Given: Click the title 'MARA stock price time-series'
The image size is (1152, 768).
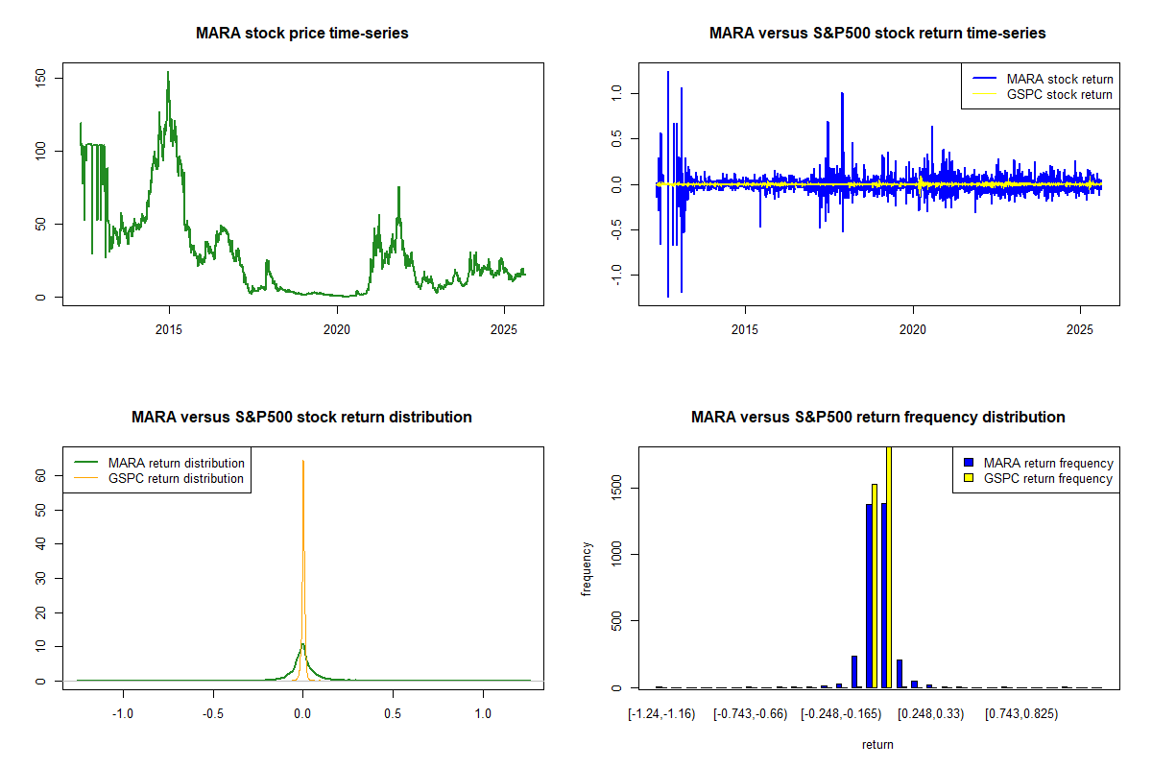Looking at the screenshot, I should (x=302, y=34).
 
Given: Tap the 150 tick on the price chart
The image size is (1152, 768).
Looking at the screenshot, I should (x=40, y=77).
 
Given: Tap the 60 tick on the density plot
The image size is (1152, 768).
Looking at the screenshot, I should (x=40, y=474).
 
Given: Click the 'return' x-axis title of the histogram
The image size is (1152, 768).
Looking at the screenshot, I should (x=877, y=744).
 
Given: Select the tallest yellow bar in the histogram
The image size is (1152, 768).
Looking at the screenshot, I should (x=889, y=566).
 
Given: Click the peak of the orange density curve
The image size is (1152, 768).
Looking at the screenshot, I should (x=303, y=462).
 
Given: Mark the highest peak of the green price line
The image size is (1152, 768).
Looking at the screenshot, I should (x=168, y=72).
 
